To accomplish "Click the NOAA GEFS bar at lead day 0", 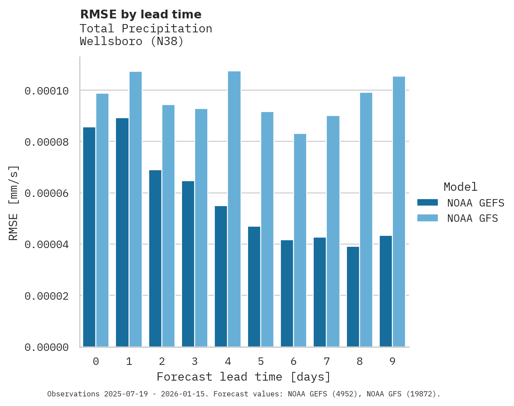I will (x=89, y=237).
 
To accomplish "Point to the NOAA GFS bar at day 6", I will (x=300, y=240).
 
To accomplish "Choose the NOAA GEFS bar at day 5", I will (x=254, y=287).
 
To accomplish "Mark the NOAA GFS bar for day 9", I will (x=399, y=212).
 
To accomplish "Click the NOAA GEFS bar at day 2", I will (x=155, y=258).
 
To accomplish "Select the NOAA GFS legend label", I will (x=472, y=218).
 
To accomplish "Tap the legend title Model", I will (x=460, y=187).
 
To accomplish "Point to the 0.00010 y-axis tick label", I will (x=47, y=91).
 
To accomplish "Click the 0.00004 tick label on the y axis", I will (x=47, y=245).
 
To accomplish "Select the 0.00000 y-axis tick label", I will (x=47, y=347).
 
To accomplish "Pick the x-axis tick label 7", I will (x=326, y=361).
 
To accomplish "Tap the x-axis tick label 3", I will (x=195, y=361).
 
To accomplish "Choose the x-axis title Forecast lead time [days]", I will (x=244, y=377).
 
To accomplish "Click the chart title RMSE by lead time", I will (x=141, y=14).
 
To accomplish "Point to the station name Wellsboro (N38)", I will (x=132, y=42).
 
